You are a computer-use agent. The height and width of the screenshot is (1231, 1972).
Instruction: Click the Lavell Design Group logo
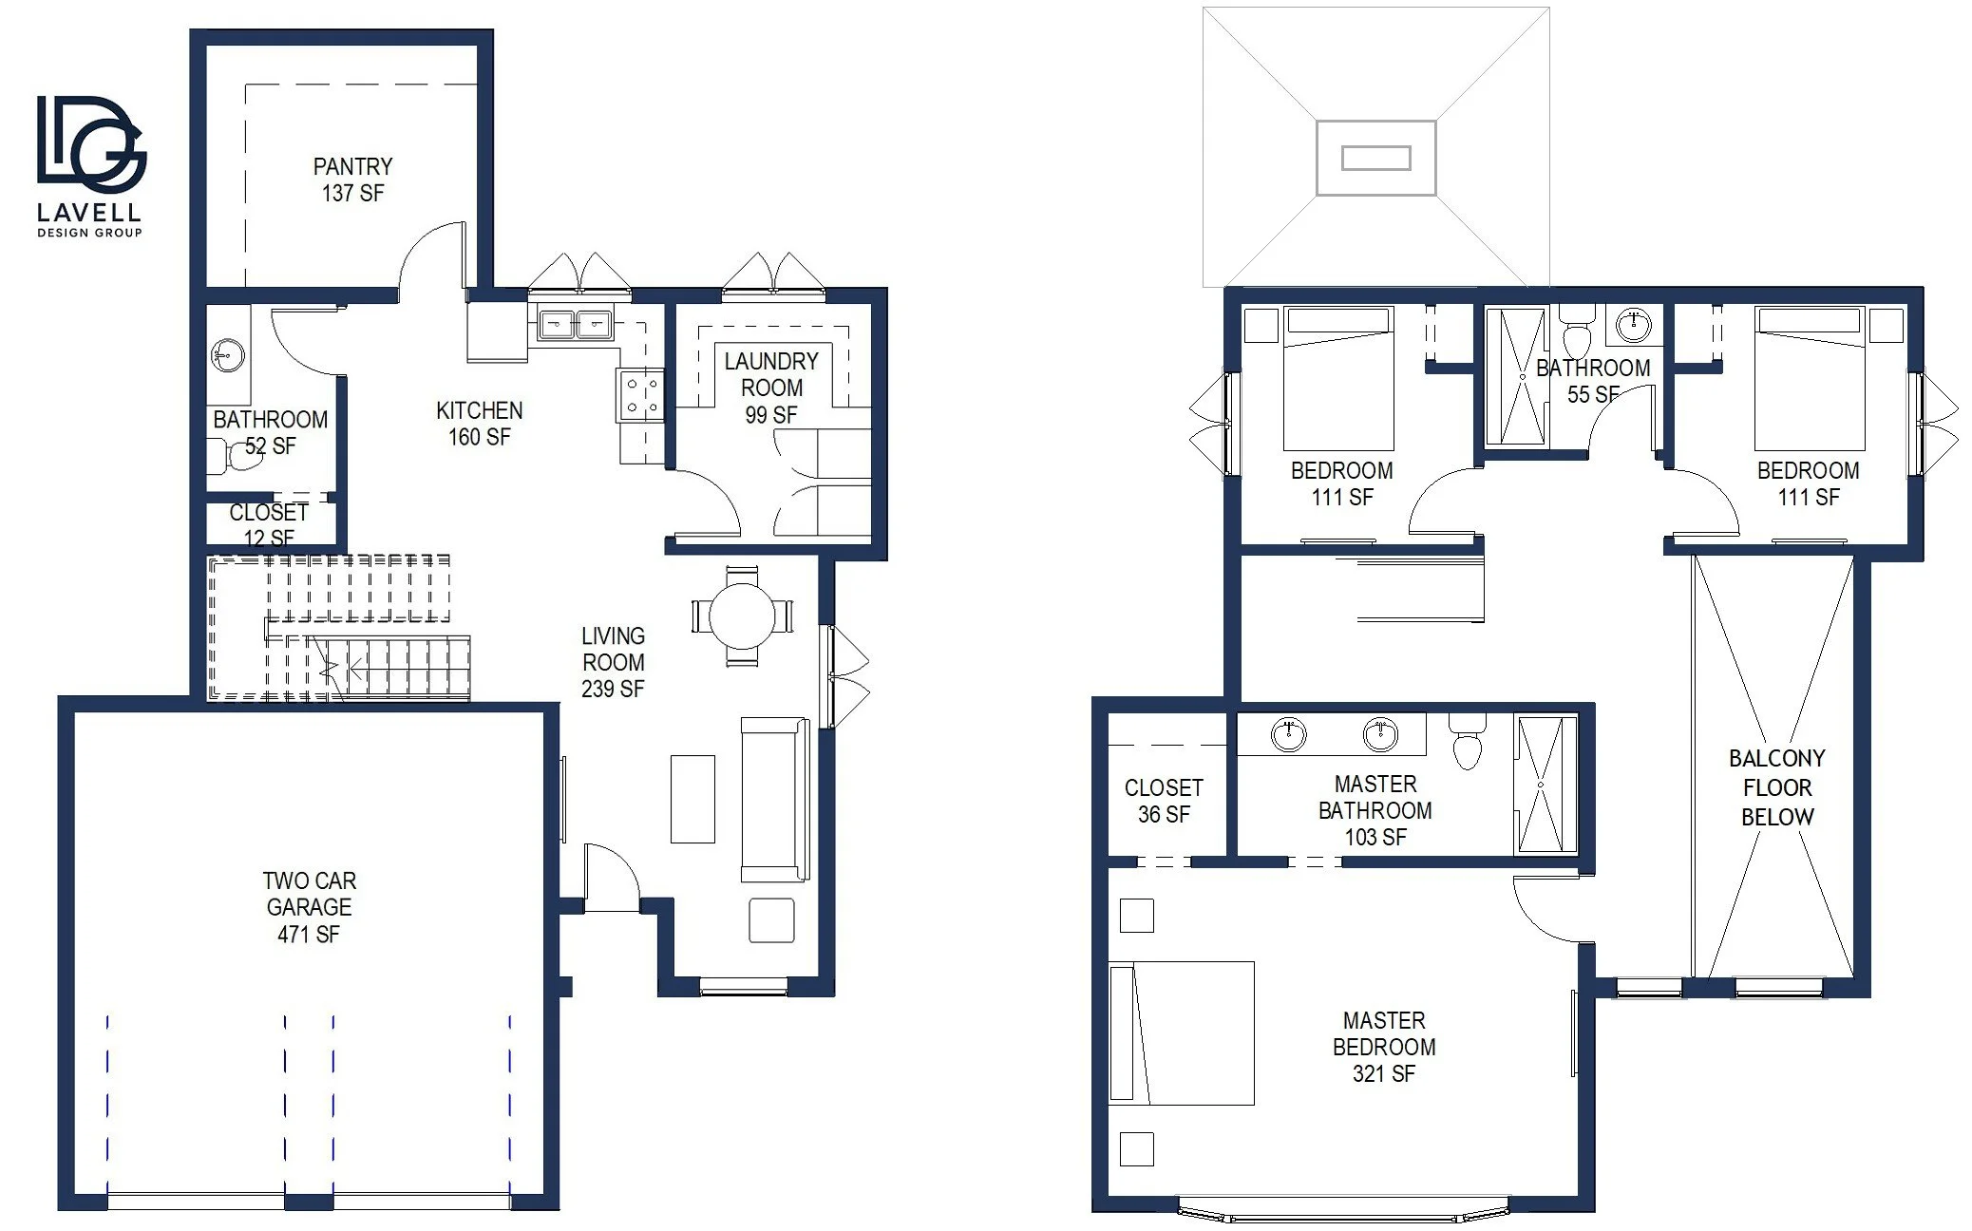pyautogui.click(x=90, y=165)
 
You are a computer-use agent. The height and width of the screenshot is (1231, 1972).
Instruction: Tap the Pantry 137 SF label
pyautogui.click(x=352, y=180)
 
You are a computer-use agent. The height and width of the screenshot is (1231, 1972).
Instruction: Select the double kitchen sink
pyautogui.click(x=575, y=325)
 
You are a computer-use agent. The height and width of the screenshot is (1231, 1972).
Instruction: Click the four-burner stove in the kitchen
pyautogui.click(x=640, y=395)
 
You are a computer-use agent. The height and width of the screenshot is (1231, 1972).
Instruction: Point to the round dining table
pyautogui.click(x=742, y=615)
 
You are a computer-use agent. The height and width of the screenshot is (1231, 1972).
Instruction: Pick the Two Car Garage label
pyautogui.click(x=309, y=907)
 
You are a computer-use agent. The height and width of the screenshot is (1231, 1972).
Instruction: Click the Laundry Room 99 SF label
pyautogui.click(x=771, y=388)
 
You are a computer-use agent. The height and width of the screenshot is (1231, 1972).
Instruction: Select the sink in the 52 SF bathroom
pyautogui.click(x=226, y=356)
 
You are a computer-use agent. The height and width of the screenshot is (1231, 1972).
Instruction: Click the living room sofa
pyautogui.click(x=774, y=800)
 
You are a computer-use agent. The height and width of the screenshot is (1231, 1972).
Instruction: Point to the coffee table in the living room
pyautogui.click(x=692, y=799)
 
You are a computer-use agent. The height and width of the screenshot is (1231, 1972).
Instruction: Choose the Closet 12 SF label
pyautogui.click(x=269, y=525)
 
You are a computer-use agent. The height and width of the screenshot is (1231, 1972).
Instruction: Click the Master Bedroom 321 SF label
pyautogui.click(x=1384, y=1047)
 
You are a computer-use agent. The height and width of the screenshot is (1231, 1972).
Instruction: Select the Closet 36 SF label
pyautogui.click(x=1164, y=801)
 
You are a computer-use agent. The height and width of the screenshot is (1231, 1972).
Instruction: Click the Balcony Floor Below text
pyautogui.click(x=1777, y=787)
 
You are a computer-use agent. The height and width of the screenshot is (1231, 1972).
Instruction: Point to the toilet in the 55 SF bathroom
pyautogui.click(x=1578, y=331)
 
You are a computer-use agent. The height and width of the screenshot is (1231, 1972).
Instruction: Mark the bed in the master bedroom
pyautogui.click(x=1182, y=1033)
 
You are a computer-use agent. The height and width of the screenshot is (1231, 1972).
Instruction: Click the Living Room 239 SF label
pyautogui.click(x=613, y=662)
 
